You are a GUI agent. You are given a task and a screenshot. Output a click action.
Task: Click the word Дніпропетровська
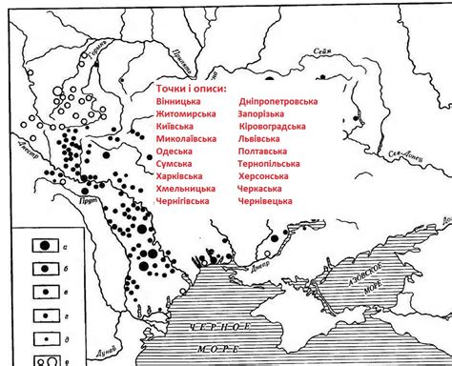(x=277, y=101)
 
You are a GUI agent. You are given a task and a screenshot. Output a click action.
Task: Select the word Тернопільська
(x=273, y=163)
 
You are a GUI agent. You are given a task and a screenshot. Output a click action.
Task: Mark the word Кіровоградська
(x=272, y=126)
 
